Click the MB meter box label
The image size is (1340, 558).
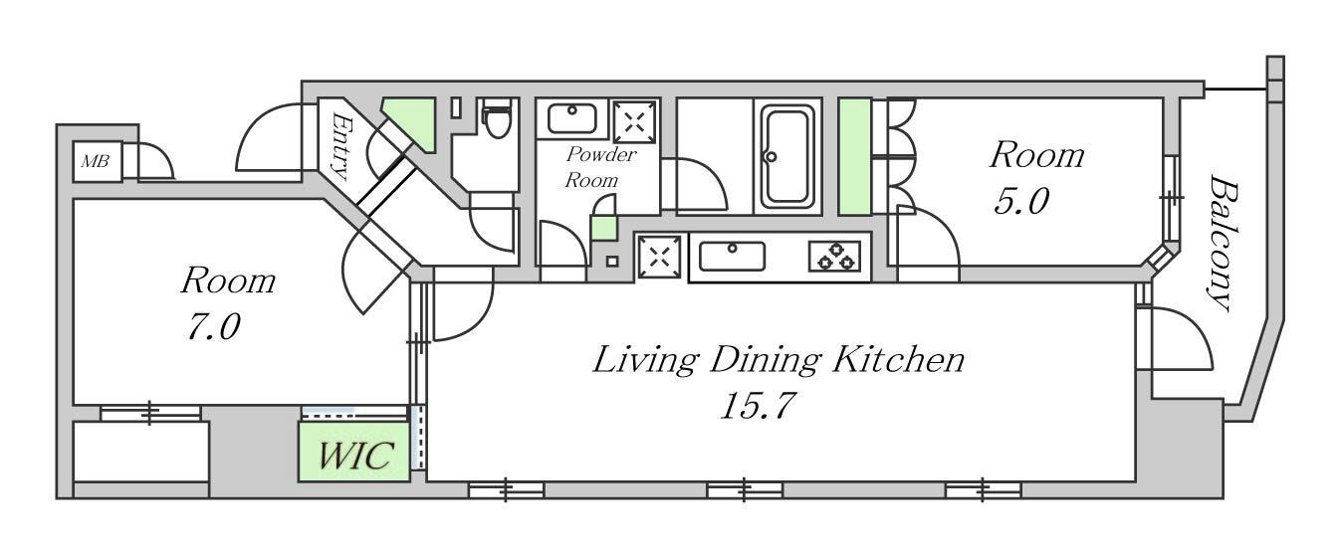pyautogui.click(x=96, y=161)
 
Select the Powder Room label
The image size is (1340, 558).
pyautogui.click(x=600, y=167)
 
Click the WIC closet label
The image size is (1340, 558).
pyautogui.click(x=355, y=456)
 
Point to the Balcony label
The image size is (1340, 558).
pyautogui.click(x=1222, y=243)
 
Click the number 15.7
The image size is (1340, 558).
pyautogui.click(x=758, y=406)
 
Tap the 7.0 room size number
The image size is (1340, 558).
pyautogui.click(x=214, y=327)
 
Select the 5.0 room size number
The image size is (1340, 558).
pyautogui.click(x=1021, y=201)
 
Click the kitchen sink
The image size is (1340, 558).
pyautogui.click(x=732, y=257)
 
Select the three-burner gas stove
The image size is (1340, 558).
pyautogui.click(x=835, y=257)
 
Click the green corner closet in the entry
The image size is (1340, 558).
pyautogui.click(x=414, y=122)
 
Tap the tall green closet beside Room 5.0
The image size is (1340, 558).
pyautogui.click(x=854, y=156)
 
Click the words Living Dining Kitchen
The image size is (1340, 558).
pyautogui.click(x=779, y=360)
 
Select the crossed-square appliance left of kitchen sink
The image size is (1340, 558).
pyautogui.click(x=659, y=257)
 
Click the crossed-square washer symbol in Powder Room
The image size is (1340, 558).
pyautogui.click(x=634, y=121)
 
